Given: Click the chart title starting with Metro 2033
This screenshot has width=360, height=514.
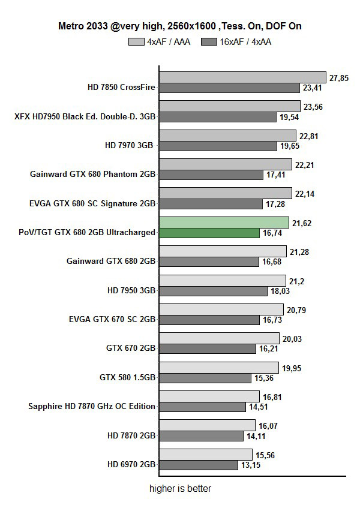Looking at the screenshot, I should click(x=179, y=26).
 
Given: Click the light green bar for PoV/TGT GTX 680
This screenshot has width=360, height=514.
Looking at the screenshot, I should click(x=224, y=223).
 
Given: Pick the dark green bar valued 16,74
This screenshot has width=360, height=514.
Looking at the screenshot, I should click(x=209, y=233).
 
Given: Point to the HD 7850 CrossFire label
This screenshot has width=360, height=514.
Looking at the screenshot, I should click(x=121, y=87).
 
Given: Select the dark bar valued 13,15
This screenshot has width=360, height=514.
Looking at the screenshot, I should click(x=199, y=465).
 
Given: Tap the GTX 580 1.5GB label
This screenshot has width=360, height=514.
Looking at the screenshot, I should click(x=127, y=377).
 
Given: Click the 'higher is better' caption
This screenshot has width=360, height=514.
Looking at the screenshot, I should click(x=180, y=489).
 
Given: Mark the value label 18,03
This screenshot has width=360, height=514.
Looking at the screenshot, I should click(x=280, y=291).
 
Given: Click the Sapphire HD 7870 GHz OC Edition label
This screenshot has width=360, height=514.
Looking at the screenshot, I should click(x=92, y=406).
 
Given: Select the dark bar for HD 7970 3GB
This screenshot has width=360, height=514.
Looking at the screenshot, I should click(x=218, y=146).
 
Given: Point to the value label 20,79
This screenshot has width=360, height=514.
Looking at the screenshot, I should click(x=295, y=309).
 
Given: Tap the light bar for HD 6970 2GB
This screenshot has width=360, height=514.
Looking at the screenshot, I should click(x=206, y=455).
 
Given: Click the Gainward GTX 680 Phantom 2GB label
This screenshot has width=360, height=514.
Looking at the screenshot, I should click(x=93, y=175).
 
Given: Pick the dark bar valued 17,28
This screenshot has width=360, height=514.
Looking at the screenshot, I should click(x=211, y=204).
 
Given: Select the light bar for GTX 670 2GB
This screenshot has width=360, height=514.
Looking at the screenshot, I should click(x=219, y=338).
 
